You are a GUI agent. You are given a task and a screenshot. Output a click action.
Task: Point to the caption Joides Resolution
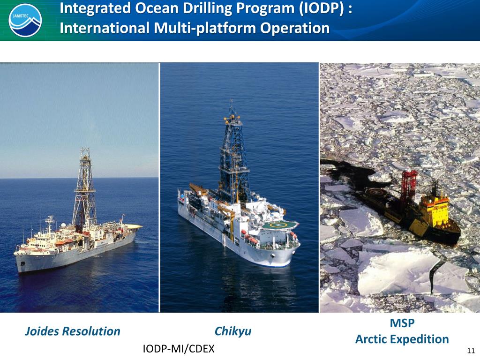(72, 331)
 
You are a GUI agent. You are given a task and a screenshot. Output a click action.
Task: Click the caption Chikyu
(233, 331)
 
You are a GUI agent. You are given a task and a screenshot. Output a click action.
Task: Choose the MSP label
(402, 323)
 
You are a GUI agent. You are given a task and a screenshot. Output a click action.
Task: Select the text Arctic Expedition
(402, 339)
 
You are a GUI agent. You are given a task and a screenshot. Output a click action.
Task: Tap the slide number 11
(471, 351)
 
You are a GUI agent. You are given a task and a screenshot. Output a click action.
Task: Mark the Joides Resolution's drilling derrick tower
(84, 187)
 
